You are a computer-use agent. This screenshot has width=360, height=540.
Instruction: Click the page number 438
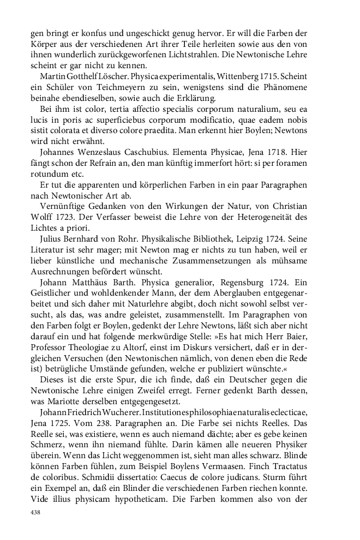pos(37,513)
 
